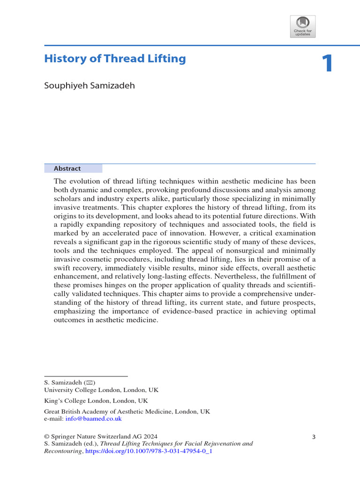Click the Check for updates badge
click(x=302, y=26)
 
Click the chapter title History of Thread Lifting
click(x=115, y=59)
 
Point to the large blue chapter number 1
click(x=327, y=64)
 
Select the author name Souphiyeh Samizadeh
click(x=90, y=87)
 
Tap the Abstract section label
click(x=67, y=169)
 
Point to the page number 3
click(x=314, y=437)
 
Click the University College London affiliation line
click(x=101, y=390)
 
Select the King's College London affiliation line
click(x=96, y=401)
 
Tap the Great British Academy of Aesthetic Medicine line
click(x=127, y=412)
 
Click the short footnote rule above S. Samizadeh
click(x=86, y=376)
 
